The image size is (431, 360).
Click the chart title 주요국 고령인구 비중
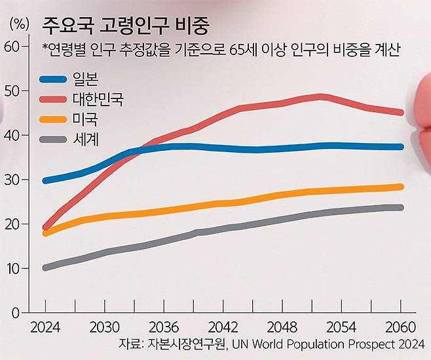click(125, 26)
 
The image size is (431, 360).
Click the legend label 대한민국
click(98, 100)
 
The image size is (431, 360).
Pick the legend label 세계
click(86, 139)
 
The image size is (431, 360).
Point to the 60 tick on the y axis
click(12, 46)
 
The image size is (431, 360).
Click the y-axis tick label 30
click(12, 180)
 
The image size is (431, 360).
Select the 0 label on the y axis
click(16, 313)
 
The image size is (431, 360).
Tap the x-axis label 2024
click(45, 327)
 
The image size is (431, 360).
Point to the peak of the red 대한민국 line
click(321, 96)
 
